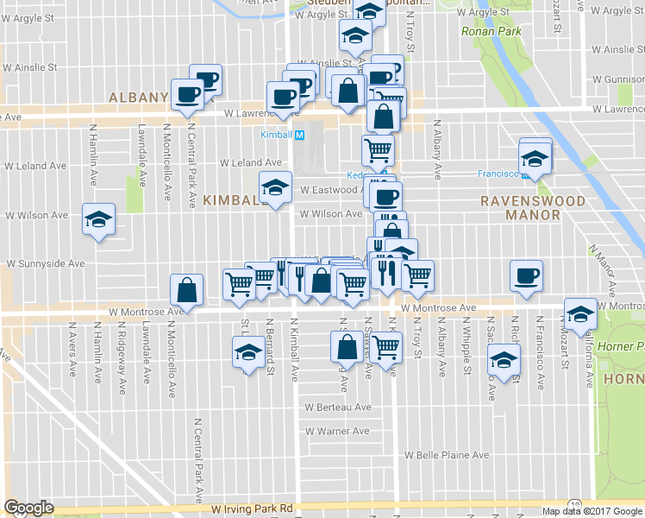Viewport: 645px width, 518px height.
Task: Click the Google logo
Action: pos(28,508)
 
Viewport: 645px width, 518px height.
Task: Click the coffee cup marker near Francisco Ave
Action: pos(526,277)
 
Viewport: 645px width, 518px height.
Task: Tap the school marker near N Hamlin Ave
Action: pos(98,219)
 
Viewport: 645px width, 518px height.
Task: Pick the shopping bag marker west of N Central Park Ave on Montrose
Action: pos(186,290)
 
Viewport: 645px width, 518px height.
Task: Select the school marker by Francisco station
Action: pos(535,159)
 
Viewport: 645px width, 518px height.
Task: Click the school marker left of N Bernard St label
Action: pos(248,352)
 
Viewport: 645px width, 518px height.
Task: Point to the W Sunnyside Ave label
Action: pos(47,263)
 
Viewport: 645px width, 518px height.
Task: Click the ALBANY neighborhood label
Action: pos(138,98)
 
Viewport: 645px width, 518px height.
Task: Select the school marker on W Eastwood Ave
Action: pos(275,186)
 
